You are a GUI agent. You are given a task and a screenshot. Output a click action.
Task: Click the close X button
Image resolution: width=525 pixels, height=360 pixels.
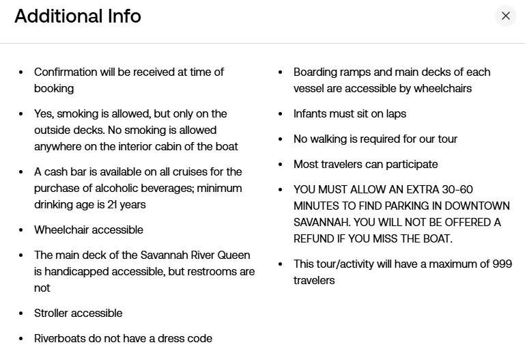coord(506,16)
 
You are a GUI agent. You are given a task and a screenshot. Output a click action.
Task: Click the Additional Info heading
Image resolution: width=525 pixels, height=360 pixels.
coord(78,16)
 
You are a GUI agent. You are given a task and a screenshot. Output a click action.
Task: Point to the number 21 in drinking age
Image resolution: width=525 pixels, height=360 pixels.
coord(112,205)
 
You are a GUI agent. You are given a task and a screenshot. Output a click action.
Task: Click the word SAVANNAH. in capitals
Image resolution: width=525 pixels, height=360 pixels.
coord(322,223)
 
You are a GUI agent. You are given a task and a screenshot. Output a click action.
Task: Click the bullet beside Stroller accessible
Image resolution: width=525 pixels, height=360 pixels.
coord(21,314)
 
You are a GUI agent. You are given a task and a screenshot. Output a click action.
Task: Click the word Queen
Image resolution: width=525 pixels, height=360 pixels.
coord(233,255)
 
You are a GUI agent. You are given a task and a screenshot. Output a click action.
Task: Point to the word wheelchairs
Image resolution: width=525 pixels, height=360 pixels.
coord(442,89)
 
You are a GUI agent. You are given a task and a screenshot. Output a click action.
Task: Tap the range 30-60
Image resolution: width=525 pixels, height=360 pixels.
coord(457,189)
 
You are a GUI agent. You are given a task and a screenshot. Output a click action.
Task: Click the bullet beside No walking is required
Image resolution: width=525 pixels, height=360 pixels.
coord(281,139)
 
